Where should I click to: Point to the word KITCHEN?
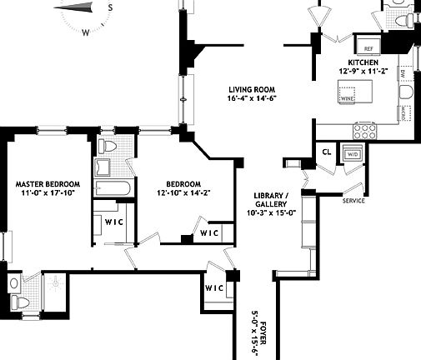[x=363, y=62]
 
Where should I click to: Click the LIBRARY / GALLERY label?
[x=273, y=201]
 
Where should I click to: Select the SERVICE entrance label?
[x=354, y=200]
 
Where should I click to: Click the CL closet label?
[x=327, y=152]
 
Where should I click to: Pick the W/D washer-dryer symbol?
[x=352, y=154]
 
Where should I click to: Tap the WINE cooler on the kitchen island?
[x=347, y=98]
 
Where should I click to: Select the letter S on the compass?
[x=110, y=6]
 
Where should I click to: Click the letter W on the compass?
[x=86, y=33]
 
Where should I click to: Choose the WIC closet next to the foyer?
[x=213, y=287]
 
